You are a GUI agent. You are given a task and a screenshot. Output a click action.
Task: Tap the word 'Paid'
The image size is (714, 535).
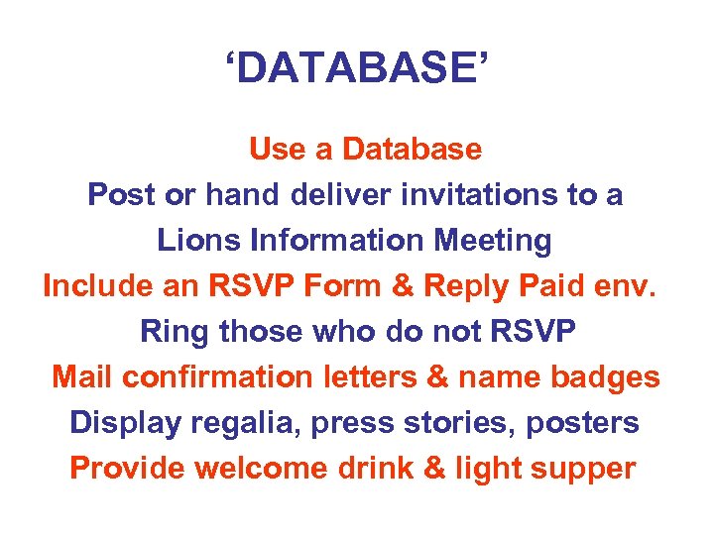point(550,286)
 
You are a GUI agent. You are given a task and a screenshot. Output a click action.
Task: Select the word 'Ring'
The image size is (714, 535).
point(176,332)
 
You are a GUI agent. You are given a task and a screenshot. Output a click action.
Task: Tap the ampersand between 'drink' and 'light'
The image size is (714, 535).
point(434,469)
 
